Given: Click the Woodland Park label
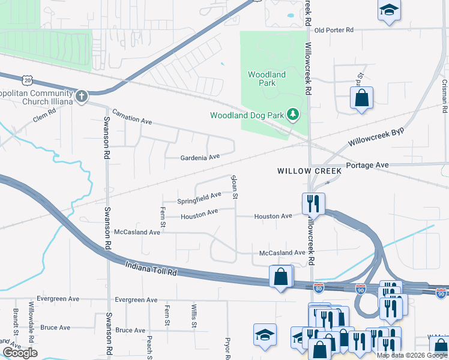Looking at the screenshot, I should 267,79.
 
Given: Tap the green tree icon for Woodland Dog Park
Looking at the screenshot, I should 292,114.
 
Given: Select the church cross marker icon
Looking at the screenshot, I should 82,95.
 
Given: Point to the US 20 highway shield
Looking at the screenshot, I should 27,80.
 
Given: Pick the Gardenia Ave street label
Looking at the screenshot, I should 200,158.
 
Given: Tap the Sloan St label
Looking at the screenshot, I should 235,187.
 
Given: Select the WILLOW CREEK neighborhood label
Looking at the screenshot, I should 309,171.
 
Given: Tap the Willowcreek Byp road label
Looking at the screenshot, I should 376,137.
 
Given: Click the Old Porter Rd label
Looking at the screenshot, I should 334,29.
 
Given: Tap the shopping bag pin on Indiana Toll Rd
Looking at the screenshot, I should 281,277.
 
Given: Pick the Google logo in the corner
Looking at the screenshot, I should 20,352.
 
